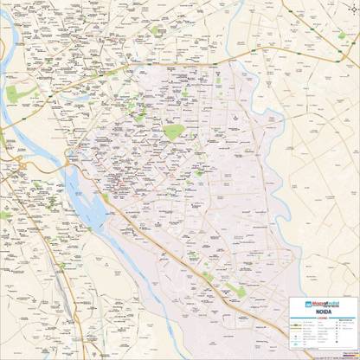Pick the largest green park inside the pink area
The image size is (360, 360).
pyautogui.click(x=174, y=132)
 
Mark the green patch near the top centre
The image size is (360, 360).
pyautogui.click(x=157, y=30)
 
